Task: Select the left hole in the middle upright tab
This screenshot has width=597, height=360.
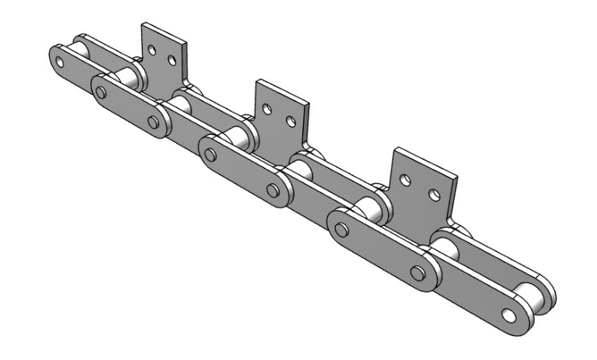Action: [267, 109]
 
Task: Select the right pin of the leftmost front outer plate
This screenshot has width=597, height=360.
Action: [154, 123]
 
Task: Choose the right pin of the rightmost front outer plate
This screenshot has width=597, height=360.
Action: [417, 272]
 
